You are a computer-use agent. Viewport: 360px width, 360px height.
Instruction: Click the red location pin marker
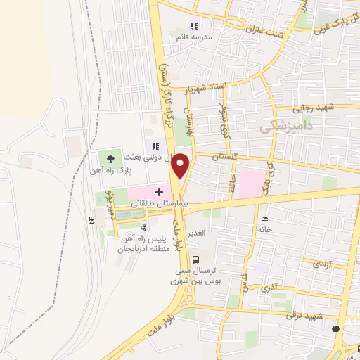coord(181,166)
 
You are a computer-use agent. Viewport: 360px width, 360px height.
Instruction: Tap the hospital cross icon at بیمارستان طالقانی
coord(159,191)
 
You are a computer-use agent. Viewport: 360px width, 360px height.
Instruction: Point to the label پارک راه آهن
coord(106,170)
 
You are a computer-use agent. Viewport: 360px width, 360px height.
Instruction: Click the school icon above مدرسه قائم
coord(205,27)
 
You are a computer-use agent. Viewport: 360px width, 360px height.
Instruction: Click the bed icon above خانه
coord(265,219)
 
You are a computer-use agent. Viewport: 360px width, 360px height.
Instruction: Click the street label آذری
coord(269,288)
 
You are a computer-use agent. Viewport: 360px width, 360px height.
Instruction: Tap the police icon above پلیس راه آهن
coord(143,228)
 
